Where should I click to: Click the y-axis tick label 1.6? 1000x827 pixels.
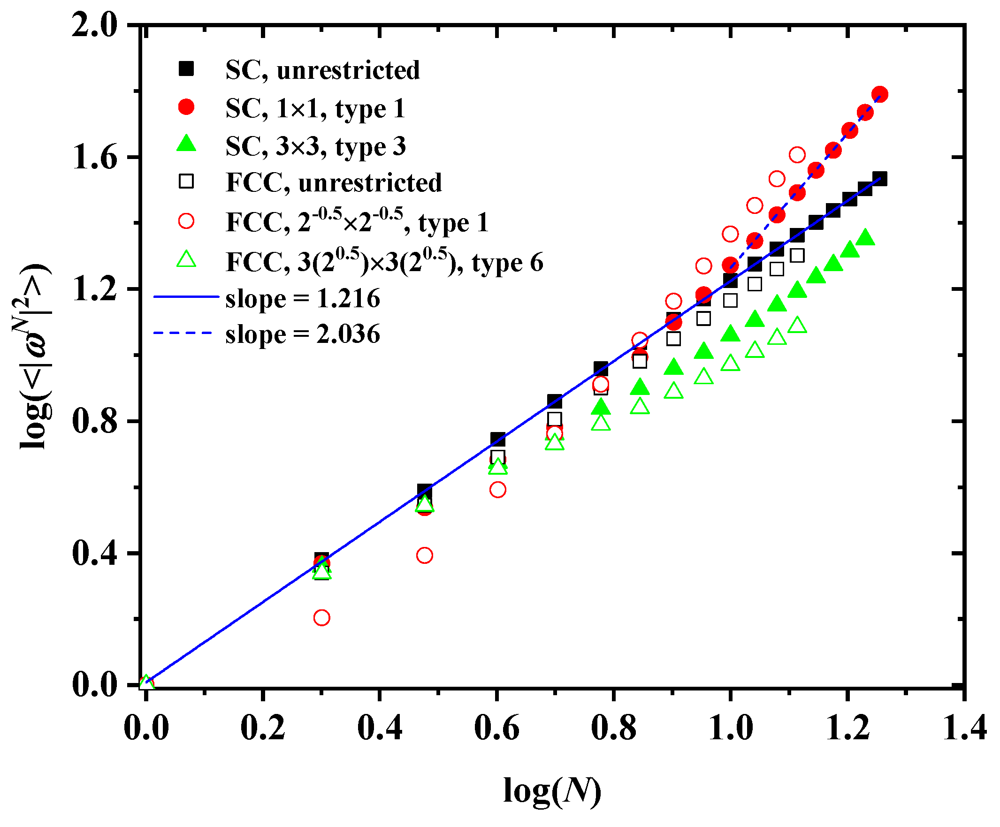point(94,158)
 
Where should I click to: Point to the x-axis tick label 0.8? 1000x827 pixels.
point(613,728)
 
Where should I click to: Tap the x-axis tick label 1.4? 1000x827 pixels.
point(965,728)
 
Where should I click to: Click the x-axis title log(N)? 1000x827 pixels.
point(552,791)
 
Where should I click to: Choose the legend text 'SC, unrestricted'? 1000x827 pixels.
point(322,70)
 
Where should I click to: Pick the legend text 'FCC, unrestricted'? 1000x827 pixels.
point(333,182)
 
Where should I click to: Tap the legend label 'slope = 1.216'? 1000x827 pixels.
point(302,298)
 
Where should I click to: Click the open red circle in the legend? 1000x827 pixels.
point(186,221)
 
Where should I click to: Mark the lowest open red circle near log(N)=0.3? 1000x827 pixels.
point(322,617)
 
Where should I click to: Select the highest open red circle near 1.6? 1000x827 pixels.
point(797,155)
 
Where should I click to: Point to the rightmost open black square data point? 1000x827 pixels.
point(797,256)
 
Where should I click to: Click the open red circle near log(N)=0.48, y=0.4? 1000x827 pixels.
point(424,555)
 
